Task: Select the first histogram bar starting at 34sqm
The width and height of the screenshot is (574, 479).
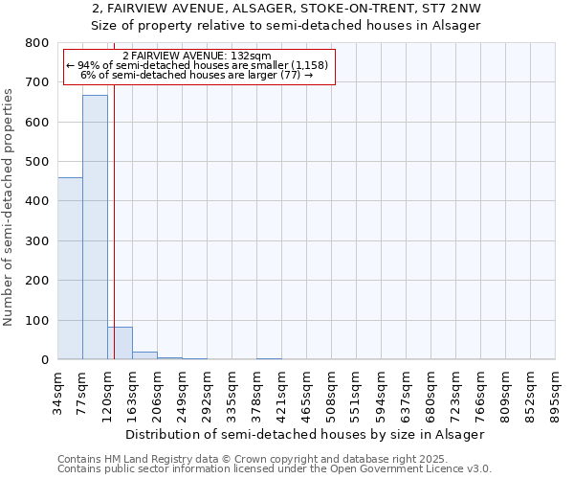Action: pyautogui.click(x=70, y=268)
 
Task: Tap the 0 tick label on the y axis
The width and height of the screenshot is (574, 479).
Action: pyautogui.click(x=44, y=360)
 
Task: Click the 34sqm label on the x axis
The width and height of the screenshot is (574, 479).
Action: pyautogui.click(x=58, y=391)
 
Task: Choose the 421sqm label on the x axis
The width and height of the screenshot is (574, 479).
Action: pyautogui.click(x=282, y=391)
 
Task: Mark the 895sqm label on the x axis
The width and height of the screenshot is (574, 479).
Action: pyautogui.click(x=556, y=391)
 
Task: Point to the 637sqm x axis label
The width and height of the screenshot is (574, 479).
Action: pyautogui.click(x=407, y=391)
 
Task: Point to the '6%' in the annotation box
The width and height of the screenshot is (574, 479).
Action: pyautogui.click(x=89, y=75)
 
